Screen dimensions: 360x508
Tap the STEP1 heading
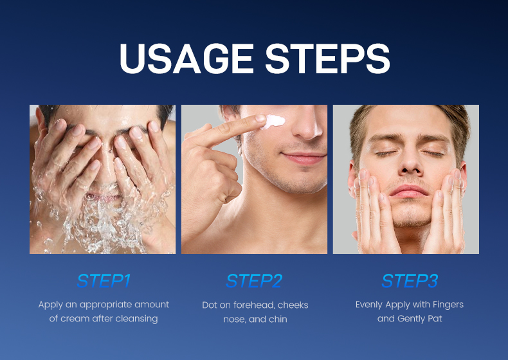click(103, 281)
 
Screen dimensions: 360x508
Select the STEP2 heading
click(254, 281)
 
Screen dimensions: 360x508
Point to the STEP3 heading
click(410, 281)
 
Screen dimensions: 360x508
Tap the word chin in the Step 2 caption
click(277, 319)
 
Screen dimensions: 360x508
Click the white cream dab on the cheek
click(275, 120)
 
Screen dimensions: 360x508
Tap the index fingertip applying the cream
click(259, 120)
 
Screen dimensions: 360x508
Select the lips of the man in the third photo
click(408, 192)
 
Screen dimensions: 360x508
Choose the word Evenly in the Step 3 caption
click(369, 305)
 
